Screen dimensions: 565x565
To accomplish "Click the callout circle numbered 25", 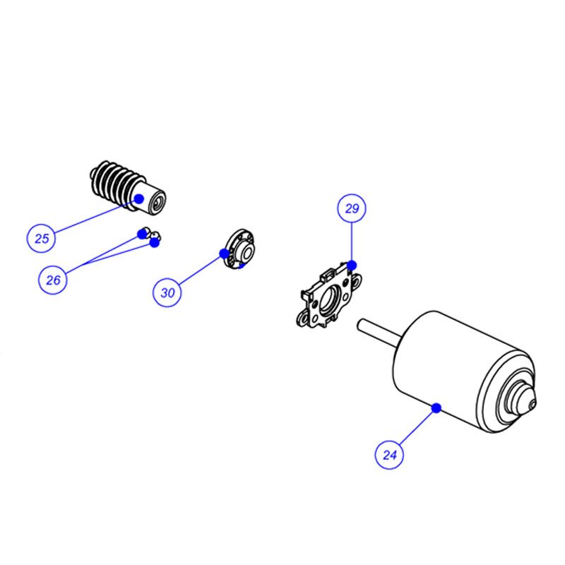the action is point(42,238).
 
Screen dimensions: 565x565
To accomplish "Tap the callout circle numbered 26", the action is point(53,280).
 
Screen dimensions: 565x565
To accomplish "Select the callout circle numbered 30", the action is point(167,292).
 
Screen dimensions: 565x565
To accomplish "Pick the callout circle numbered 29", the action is point(352,208).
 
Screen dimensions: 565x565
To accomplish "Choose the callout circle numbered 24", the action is point(389,455).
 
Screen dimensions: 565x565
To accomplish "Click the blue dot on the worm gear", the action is point(139,198).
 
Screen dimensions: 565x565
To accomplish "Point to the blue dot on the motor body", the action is point(436,408).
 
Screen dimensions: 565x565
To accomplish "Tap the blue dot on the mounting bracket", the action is point(352,266).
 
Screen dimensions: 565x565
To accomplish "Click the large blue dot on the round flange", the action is point(224,254).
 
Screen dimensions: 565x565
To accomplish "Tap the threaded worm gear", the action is point(128,188).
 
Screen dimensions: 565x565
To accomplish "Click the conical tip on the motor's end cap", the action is point(533,403).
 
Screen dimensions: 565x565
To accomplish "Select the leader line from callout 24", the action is point(416,428).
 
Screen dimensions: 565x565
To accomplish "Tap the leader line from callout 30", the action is point(200,270).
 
